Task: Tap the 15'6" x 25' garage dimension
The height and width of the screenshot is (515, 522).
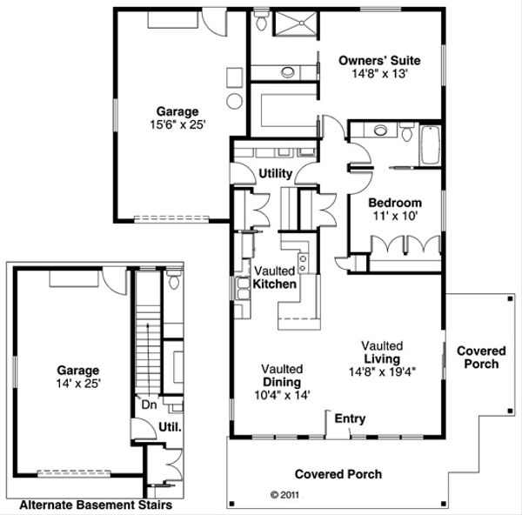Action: click(177, 124)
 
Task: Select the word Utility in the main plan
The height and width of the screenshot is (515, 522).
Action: click(275, 174)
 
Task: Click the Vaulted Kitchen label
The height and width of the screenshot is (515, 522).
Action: click(275, 278)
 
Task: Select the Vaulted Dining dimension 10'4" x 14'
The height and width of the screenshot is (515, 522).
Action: click(281, 395)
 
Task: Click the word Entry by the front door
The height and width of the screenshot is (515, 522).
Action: click(349, 419)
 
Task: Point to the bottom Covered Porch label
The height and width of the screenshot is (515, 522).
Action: click(338, 474)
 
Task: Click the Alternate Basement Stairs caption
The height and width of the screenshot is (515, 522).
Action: click(95, 504)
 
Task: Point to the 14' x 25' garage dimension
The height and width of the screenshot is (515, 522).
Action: click(78, 383)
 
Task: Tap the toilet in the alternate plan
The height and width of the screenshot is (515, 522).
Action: click(172, 281)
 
